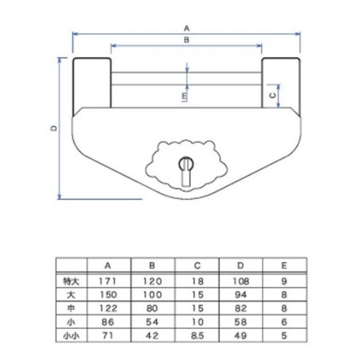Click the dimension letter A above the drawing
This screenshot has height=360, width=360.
(187, 29)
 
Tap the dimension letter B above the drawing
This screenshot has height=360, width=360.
(186, 40)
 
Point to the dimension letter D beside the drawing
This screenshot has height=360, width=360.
(54, 128)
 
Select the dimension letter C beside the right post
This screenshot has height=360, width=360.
(272, 95)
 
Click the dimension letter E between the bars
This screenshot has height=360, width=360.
(185, 96)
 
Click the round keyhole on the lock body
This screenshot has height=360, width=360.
(186, 164)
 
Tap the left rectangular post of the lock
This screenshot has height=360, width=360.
(92, 86)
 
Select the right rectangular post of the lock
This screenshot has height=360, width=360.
(281, 86)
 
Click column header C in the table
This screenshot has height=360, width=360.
(197, 265)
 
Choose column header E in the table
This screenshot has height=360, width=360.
(284, 265)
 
